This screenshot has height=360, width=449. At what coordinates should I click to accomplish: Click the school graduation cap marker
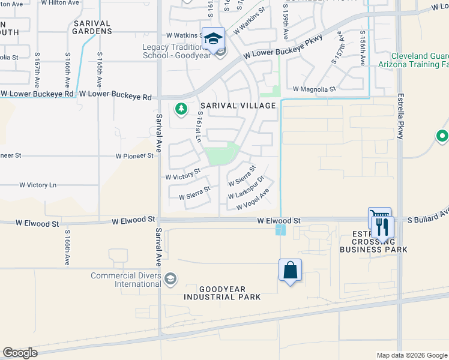point(213,39)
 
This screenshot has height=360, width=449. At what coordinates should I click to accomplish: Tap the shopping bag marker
point(290,270)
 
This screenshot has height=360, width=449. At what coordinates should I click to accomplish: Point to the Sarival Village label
point(238,106)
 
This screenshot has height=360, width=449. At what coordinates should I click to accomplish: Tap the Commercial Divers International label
point(126,280)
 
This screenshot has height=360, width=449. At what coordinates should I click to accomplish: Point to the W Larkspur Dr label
point(247,188)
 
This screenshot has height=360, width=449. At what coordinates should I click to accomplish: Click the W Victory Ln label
point(38,185)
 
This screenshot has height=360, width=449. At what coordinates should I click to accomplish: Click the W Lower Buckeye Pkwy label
point(283,47)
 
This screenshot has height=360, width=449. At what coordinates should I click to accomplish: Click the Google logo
point(20,353)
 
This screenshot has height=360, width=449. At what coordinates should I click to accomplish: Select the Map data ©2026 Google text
point(411,355)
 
